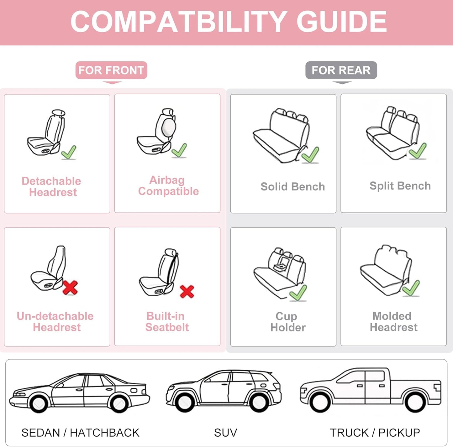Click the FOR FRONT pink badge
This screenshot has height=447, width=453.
click(111, 70)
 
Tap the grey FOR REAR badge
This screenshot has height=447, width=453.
click(341, 70)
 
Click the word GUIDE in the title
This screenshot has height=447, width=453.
click(341, 21)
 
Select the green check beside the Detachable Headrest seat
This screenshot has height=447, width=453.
click(69, 153)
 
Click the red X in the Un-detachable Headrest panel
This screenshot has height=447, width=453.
click(70, 288)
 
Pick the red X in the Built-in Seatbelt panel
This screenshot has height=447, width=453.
click(187, 291)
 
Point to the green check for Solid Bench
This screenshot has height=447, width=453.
click(310, 155)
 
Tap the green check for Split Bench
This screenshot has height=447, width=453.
click(418, 151)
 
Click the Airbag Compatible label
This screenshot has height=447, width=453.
click(168, 186)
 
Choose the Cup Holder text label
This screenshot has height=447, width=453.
click(287, 322)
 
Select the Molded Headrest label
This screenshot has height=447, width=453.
click(393, 321)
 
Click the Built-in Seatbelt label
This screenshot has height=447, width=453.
click(167, 321)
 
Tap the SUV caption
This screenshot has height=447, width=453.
click(225, 433)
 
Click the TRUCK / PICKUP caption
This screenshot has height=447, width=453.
click(375, 433)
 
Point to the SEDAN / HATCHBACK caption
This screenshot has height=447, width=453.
click(80, 433)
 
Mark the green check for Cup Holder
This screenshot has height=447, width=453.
click(298, 293)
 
